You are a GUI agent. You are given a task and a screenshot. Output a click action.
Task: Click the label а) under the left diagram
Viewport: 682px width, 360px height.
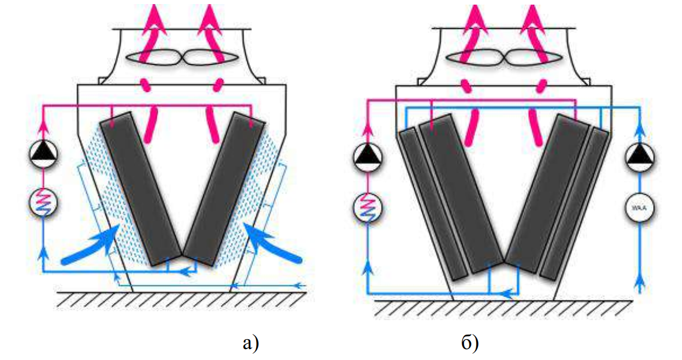250,343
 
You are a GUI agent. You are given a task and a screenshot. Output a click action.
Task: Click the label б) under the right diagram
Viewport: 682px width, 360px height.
469,343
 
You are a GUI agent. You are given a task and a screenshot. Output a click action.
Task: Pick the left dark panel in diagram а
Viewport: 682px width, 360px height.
140,188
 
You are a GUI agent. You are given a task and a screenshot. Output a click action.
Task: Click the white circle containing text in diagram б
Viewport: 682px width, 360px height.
639,206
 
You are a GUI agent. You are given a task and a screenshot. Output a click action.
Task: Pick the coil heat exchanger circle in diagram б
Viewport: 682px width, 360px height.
368,206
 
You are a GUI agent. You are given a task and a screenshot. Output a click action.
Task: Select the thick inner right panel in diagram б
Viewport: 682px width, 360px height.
546,194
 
